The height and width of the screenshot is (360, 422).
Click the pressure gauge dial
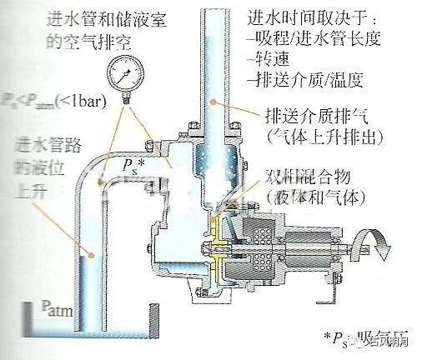click(131, 82)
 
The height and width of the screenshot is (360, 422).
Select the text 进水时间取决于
click(296, 17)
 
